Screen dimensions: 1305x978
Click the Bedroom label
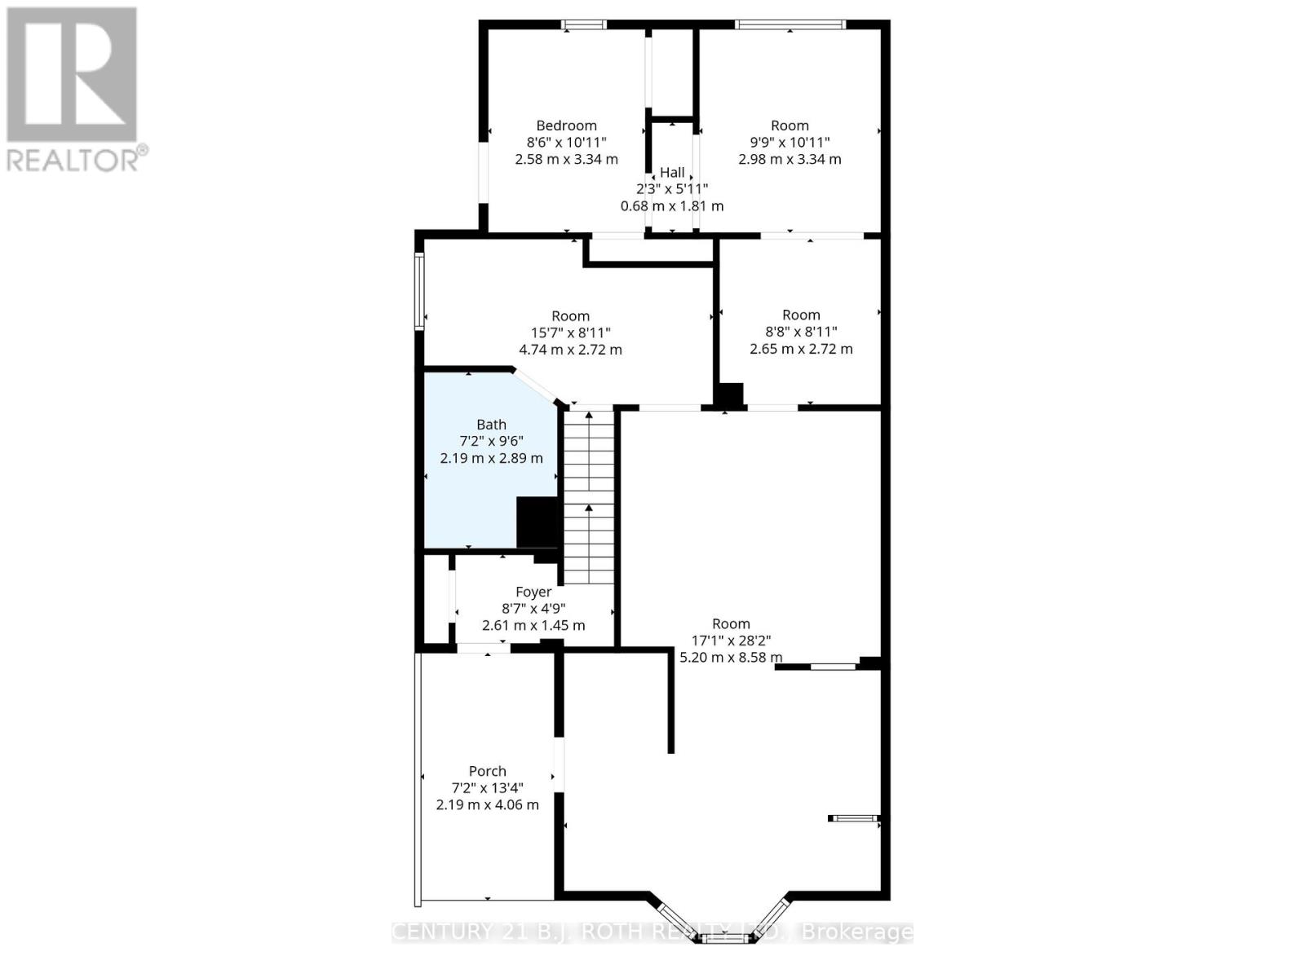566,126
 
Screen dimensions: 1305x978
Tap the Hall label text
672,172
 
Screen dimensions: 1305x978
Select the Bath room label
491,425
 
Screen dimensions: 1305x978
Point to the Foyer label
533,592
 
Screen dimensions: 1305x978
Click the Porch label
488,771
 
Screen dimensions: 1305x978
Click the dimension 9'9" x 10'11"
790,143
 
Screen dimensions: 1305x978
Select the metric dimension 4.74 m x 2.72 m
570,350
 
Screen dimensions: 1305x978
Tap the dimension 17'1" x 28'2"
731,641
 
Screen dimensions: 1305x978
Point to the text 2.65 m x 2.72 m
801,349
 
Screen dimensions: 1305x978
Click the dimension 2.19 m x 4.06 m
488,805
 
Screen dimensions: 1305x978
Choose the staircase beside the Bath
589,497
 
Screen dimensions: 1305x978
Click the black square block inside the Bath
537,522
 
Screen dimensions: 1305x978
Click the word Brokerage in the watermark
856,932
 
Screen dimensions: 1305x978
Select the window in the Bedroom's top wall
584,24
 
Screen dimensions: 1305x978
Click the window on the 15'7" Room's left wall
419,291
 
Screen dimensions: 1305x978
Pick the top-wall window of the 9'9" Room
790,24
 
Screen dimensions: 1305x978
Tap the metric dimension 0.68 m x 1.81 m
672,206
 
